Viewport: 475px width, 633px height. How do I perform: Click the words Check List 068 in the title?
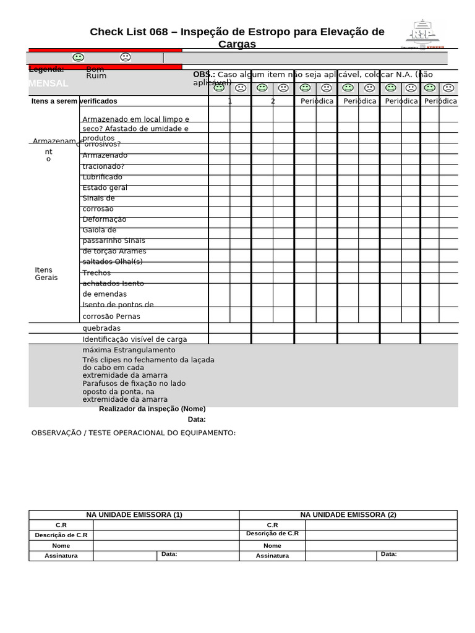pos(127,32)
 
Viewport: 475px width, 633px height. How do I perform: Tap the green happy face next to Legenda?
pos(78,57)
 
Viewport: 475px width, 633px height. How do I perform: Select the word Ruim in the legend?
pos(96,76)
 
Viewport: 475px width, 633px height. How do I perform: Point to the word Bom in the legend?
pos(95,69)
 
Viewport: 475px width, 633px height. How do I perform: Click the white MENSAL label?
pos(48,83)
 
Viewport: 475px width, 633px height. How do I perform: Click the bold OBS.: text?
pos(204,75)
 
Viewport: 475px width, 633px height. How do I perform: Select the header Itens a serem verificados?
pos(74,101)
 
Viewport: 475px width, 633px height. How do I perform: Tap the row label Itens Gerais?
pos(46,274)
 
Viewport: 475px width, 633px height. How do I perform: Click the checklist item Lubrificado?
pos(103,177)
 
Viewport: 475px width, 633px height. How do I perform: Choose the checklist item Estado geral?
pos(105,188)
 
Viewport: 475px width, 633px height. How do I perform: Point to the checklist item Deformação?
pos(105,219)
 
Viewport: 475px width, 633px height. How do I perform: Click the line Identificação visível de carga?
pos(135,339)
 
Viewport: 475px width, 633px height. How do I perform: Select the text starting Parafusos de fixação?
pos(134,383)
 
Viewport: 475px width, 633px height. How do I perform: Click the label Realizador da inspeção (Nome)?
pos(152,409)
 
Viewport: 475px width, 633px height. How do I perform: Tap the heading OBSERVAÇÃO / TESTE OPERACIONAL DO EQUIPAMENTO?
pos(134,433)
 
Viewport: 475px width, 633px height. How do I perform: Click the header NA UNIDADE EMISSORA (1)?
pos(134,515)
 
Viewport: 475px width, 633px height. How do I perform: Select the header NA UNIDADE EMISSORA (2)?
pos(348,515)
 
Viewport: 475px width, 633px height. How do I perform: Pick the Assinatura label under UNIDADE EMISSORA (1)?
pos(61,556)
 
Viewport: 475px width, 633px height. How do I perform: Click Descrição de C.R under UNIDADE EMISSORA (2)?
pos(272,533)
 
